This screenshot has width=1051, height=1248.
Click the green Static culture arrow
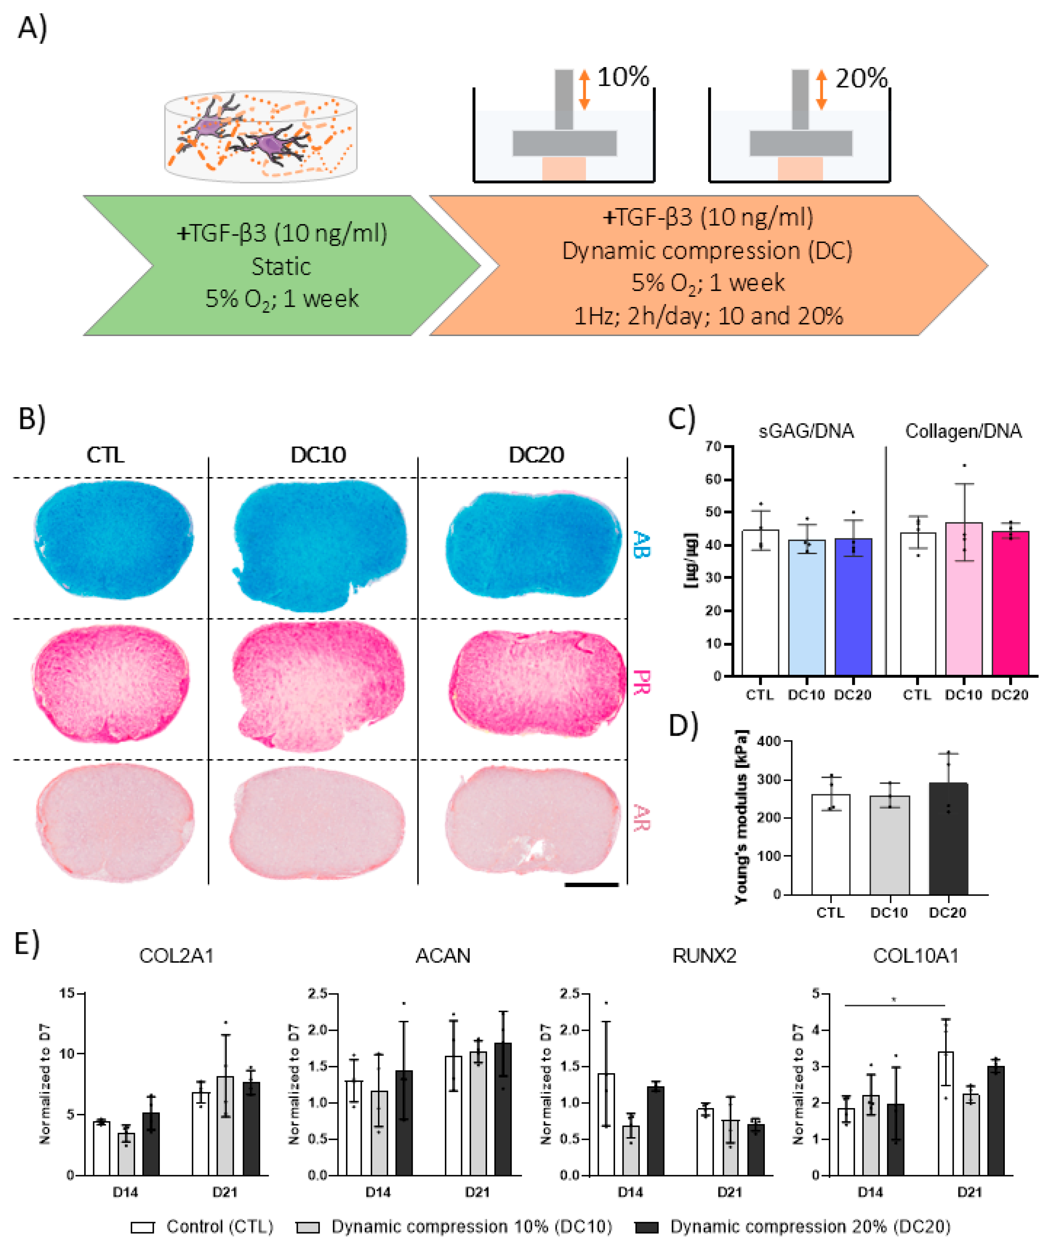[x=280, y=265]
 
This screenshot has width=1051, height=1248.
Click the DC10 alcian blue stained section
[x=319, y=545]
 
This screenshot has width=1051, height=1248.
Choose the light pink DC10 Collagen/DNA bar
[x=963, y=599]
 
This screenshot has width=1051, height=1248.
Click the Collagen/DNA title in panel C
[x=963, y=431]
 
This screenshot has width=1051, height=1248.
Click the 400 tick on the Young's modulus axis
[x=769, y=741]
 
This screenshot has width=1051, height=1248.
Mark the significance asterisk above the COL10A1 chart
[x=894, y=1000]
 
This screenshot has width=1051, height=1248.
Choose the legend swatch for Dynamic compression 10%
[x=308, y=1227]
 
